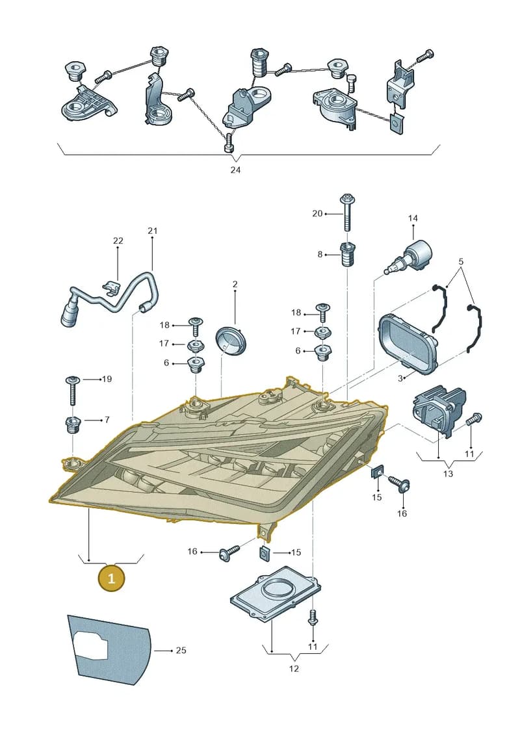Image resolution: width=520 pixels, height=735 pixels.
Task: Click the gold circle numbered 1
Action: [111, 578]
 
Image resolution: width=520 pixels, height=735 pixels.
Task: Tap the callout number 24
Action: [235, 170]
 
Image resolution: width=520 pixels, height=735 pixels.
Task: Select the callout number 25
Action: [181, 650]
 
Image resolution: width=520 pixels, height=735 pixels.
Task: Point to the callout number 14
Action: [413, 218]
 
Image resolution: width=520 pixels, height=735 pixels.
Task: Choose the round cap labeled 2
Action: [231, 339]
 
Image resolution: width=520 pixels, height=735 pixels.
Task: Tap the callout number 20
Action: [317, 213]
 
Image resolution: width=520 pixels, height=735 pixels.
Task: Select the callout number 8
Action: [320, 255]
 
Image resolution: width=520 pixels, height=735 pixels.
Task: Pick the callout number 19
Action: [107, 379]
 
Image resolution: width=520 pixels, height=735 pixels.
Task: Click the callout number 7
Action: [107, 420]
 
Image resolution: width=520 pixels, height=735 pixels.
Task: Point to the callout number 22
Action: [118, 240]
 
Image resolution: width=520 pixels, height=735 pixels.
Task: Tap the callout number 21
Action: [152, 231]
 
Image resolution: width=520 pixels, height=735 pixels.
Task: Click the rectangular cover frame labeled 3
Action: [408, 344]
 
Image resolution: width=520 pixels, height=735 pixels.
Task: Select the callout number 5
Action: [461, 261]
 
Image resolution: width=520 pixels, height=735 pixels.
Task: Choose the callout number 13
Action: [448, 474]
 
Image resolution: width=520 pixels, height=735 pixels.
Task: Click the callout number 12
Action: [294, 669]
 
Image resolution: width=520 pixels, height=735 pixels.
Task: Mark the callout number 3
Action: [400, 378]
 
